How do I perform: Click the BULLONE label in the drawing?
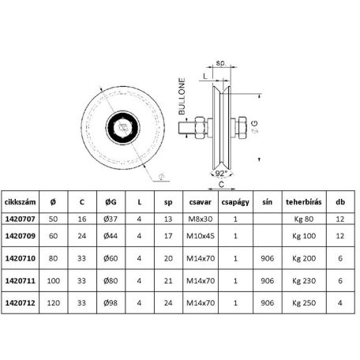pyautogui.click(x=182, y=96)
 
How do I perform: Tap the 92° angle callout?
pyautogui.click(x=221, y=174)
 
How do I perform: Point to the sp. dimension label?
pyautogui.click(x=221, y=63)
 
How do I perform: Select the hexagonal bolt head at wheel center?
pyautogui.click(x=122, y=128)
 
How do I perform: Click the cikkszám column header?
pyautogui.click(x=20, y=202)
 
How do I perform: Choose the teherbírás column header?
pyautogui.click(x=304, y=202)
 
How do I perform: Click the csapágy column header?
pyautogui.click(x=235, y=202)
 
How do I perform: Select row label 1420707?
pyautogui.click(x=21, y=219)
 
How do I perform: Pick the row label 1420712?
pyautogui.click(x=21, y=303)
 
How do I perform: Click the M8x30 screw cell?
pyautogui.click(x=201, y=219)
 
